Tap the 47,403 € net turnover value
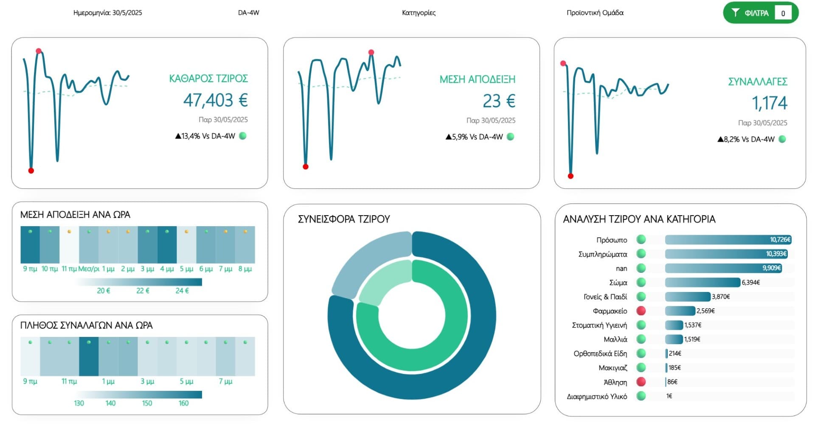[x=215, y=101]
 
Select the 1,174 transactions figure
[x=769, y=103]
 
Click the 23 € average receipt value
[x=499, y=101]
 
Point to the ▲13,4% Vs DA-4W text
[x=205, y=136]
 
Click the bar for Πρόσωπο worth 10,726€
[x=728, y=240]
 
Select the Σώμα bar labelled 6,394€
[x=702, y=283]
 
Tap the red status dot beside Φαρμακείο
[x=641, y=311]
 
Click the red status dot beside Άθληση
[x=641, y=382]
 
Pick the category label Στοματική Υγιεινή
[x=599, y=325]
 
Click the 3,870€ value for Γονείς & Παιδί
[x=721, y=297]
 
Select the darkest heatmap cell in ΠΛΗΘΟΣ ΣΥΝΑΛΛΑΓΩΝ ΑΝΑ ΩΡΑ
[x=89, y=356]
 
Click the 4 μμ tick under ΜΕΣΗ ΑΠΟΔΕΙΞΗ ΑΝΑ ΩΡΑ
[x=167, y=269]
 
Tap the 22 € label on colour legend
[x=143, y=291]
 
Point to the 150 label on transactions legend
[x=147, y=404]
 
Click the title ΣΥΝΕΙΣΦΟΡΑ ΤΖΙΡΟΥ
[x=343, y=219]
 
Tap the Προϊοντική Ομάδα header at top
[x=595, y=13]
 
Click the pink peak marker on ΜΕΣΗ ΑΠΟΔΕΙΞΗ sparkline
[x=371, y=53]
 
